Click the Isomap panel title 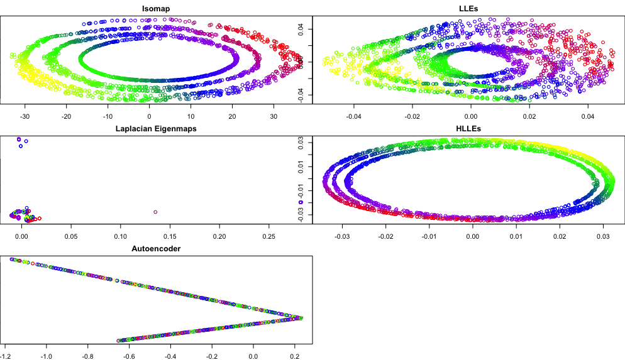pos(156,9)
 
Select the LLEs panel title pos(468,9)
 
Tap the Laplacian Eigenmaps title pos(156,129)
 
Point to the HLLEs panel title pos(468,129)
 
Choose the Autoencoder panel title pos(156,249)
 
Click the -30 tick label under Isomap pos(25,116)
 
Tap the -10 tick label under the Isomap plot pos(108,116)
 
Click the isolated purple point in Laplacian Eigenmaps pos(155,212)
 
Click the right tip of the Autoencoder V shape pos(303,319)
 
